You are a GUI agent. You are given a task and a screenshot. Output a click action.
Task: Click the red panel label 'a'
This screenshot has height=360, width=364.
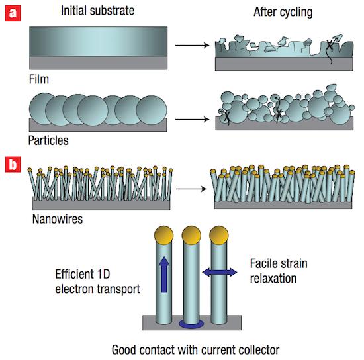click(x=13, y=13)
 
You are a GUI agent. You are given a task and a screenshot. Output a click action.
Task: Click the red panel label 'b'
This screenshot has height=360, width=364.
click(x=13, y=164)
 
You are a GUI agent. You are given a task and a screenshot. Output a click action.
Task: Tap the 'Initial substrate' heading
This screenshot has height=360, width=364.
click(x=97, y=11)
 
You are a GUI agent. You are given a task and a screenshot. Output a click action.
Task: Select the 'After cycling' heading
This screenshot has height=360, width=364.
click(x=283, y=12)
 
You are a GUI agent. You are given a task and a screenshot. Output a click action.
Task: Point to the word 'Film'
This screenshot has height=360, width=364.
click(x=39, y=79)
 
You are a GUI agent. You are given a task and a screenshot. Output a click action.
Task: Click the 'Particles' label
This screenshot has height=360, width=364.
click(x=48, y=140)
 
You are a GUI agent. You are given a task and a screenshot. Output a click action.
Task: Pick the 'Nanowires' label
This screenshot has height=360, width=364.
click(x=58, y=219)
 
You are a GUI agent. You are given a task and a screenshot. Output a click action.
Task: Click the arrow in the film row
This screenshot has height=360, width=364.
click(x=192, y=45)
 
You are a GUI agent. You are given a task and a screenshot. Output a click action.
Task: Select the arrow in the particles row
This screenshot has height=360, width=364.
click(x=192, y=119)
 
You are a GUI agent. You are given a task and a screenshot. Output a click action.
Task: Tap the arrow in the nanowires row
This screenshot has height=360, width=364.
click(x=191, y=189)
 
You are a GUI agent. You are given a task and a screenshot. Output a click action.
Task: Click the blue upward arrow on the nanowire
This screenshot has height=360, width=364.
click(x=164, y=275)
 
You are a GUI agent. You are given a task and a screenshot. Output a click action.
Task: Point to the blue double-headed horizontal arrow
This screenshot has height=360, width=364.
click(x=220, y=272)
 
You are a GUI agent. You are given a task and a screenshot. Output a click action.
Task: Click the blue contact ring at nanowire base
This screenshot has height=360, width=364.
click(x=191, y=324)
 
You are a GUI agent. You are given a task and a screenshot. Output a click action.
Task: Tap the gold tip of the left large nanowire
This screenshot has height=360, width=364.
click(x=163, y=235)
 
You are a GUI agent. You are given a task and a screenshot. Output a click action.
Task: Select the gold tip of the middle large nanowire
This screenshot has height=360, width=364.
click(x=191, y=235)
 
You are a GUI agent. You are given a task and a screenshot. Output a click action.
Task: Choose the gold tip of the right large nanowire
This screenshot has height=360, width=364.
click(x=219, y=235)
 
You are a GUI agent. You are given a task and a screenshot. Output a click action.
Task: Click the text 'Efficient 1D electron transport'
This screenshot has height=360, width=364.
click(x=97, y=281)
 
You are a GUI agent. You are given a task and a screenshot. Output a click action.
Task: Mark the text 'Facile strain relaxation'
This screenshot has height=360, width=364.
click(x=279, y=271)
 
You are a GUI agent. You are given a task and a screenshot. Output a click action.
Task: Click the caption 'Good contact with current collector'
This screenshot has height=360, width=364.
click(x=195, y=349)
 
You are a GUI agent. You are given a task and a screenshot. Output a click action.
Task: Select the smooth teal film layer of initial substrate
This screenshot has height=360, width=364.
click(x=98, y=41)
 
